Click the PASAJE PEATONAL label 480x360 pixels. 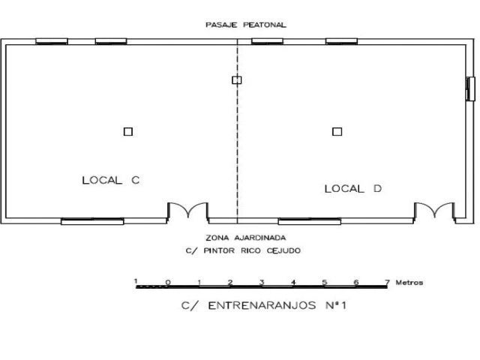(246, 25)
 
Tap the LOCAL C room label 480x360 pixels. (111, 180)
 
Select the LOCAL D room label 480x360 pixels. (353, 188)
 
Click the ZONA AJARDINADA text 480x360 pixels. (246, 238)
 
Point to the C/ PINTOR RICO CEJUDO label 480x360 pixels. (243, 250)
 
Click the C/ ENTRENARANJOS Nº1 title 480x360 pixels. (263, 305)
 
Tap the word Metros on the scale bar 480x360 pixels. (409, 283)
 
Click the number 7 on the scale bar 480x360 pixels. (388, 282)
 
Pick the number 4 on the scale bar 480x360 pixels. (293, 282)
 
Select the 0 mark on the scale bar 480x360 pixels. (168, 282)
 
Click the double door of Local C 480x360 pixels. (187, 211)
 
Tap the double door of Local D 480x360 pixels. (434, 211)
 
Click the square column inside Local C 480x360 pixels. (128, 132)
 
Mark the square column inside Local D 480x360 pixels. (337, 132)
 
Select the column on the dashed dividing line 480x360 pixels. (237, 80)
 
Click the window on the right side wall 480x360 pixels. (470, 88)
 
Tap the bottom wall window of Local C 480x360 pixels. (92, 221)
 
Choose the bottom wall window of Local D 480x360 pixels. (310, 221)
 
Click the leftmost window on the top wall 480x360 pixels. (52, 41)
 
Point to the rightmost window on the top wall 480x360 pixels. (341, 41)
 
